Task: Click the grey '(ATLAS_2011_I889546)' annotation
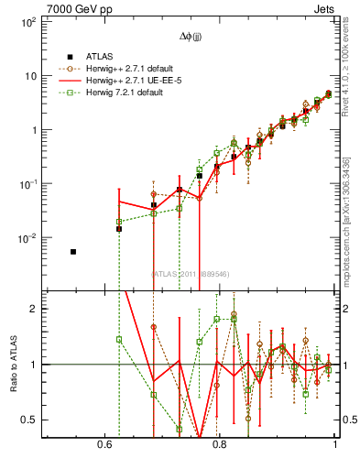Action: tap(191, 274)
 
